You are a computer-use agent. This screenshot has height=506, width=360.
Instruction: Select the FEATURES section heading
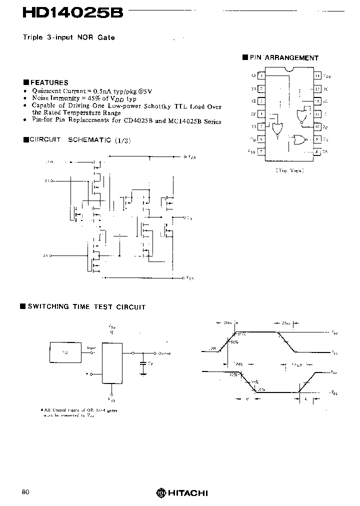pos(49,82)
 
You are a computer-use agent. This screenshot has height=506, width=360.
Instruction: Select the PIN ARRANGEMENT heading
pos(284,58)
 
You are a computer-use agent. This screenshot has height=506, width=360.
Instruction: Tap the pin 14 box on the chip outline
pos(317,76)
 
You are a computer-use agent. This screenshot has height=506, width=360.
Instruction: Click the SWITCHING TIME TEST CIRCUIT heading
pos(86,307)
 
